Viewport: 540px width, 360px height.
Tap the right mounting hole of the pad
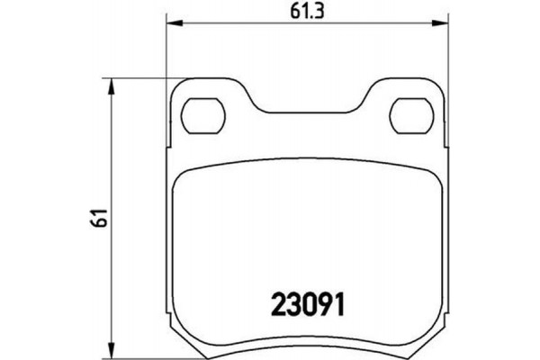click(412, 114)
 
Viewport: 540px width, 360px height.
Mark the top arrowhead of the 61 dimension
click(112, 84)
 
